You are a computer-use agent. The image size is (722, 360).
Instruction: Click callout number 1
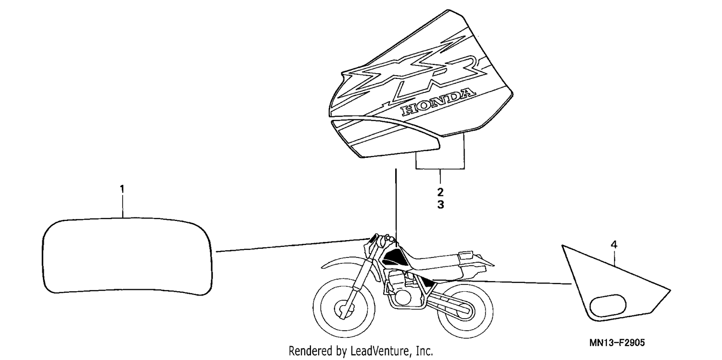point(122,189)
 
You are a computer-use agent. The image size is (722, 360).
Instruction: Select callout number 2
point(440,192)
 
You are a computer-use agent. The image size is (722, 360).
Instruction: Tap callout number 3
point(440,205)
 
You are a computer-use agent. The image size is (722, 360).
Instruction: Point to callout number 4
point(614,244)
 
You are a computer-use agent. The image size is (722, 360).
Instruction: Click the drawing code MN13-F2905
point(617,343)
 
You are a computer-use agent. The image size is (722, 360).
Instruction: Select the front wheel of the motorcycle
point(344,308)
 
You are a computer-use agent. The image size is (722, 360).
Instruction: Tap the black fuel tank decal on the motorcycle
point(394,257)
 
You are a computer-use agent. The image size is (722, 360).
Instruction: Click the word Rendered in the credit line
point(310,351)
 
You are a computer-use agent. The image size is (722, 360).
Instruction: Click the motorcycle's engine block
point(401,287)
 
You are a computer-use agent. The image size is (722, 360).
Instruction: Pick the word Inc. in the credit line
point(425,351)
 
